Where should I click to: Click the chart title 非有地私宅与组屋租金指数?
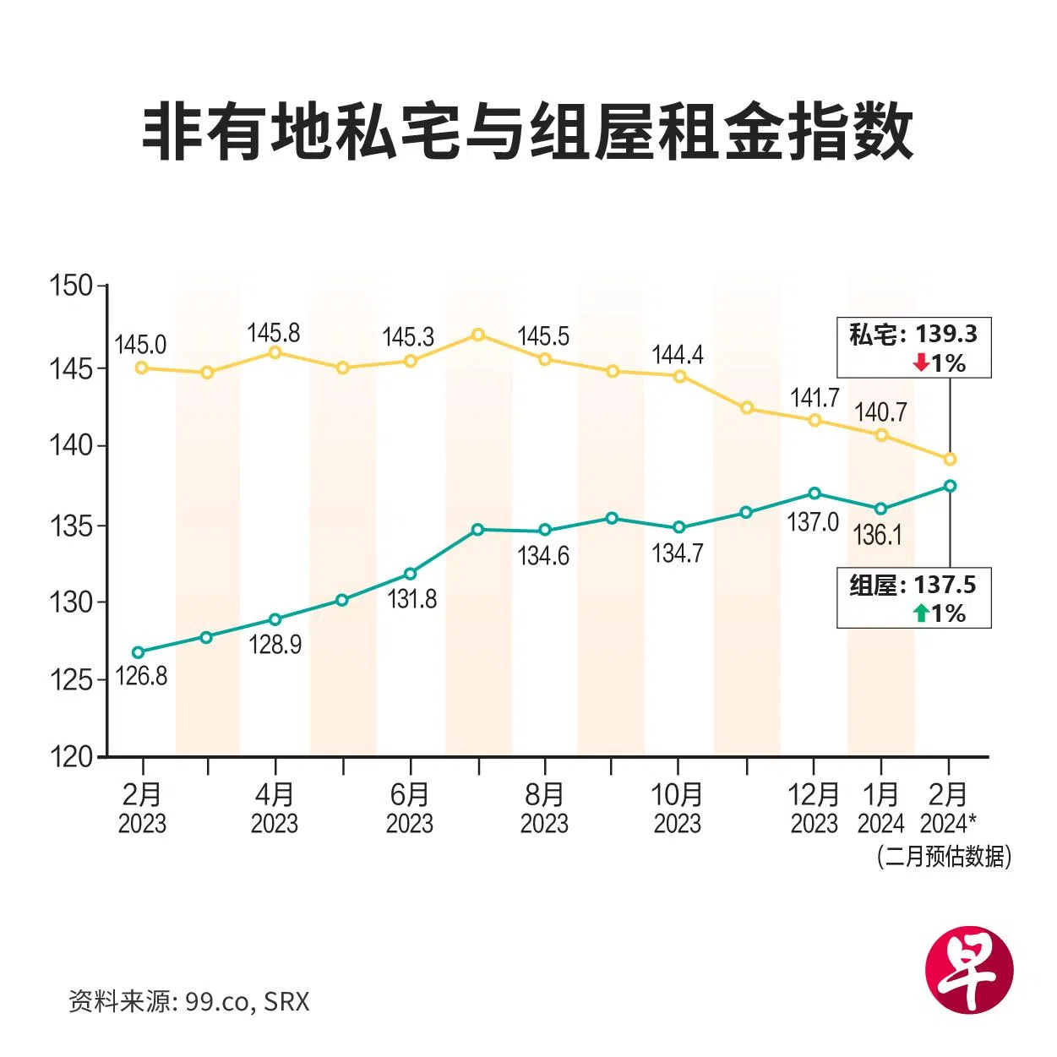point(527,132)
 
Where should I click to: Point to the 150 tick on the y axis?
point(72,286)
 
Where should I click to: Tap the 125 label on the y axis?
point(72,679)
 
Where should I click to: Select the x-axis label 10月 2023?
point(678,809)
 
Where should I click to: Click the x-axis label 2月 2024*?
point(948,809)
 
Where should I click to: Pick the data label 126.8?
point(141,676)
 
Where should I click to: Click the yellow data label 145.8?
point(274,332)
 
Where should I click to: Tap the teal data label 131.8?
point(412,599)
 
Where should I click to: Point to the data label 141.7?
point(815,397)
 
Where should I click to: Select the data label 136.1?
point(878,535)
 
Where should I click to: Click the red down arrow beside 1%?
point(921,363)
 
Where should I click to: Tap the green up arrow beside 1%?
point(921,613)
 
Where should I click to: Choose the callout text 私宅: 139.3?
point(913,335)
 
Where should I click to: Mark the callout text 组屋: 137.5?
point(913,585)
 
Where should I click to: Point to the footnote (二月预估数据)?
point(944,857)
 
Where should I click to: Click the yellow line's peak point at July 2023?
point(478,335)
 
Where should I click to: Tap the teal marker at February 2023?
point(139,652)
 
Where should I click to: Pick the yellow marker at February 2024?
point(950,459)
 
